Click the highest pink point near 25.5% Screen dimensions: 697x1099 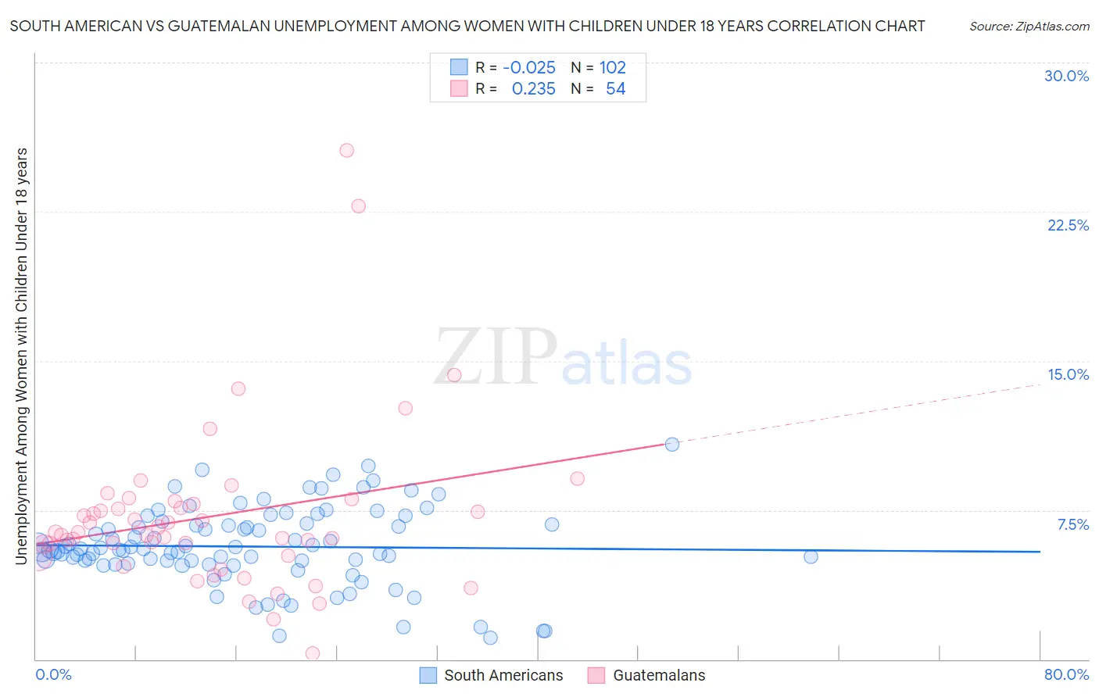click(346, 150)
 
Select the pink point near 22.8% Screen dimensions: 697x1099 click(358, 206)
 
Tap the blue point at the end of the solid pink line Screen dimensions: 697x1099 click(671, 444)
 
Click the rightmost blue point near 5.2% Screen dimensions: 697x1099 click(811, 556)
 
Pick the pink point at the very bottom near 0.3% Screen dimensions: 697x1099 click(313, 653)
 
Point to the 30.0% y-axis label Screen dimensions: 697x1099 click(1066, 76)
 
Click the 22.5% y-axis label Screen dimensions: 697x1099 click(1068, 225)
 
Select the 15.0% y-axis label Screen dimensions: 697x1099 click(1068, 374)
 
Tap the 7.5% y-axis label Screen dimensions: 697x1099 click(1072, 524)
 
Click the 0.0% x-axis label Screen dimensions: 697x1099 click(53, 674)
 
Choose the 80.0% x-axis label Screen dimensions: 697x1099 click(1066, 674)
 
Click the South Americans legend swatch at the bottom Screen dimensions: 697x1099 click(428, 675)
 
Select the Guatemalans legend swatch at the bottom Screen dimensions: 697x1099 click(596, 675)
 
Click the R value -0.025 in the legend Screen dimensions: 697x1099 click(529, 67)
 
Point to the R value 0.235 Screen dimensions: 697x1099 click(533, 89)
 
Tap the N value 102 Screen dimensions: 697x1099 click(613, 67)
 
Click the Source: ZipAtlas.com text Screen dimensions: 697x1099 click(1029, 26)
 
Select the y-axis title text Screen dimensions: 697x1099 click(21, 356)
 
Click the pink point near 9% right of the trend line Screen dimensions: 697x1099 click(577, 478)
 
